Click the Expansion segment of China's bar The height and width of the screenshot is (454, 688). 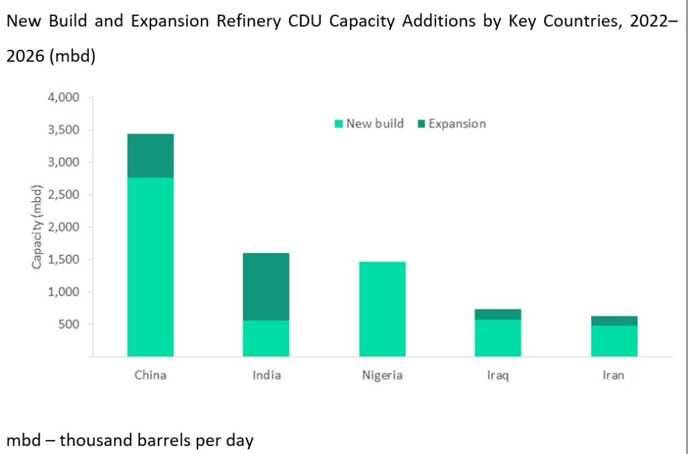tap(150, 155)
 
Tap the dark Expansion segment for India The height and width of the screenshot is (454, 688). tap(266, 287)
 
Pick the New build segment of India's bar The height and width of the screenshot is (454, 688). tap(266, 338)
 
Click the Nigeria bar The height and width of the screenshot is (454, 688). tap(382, 309)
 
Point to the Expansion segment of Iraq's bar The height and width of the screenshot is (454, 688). tap(498, 314)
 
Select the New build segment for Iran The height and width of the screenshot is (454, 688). tap(613, 341)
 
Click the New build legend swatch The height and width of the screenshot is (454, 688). tap(339, 124)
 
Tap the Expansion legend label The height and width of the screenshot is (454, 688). tap(457, 124)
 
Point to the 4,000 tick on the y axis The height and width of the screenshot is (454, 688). tap(64, 98)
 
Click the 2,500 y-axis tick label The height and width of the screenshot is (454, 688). tap(64, 195)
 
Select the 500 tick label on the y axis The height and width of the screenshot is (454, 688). tap(69, 325)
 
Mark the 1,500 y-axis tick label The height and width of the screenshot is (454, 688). tap(64, 260)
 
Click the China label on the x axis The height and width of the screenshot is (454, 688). tap(150, 375)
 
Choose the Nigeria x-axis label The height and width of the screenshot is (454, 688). tap(382, 375)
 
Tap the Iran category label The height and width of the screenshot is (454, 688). tap(613, 375)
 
